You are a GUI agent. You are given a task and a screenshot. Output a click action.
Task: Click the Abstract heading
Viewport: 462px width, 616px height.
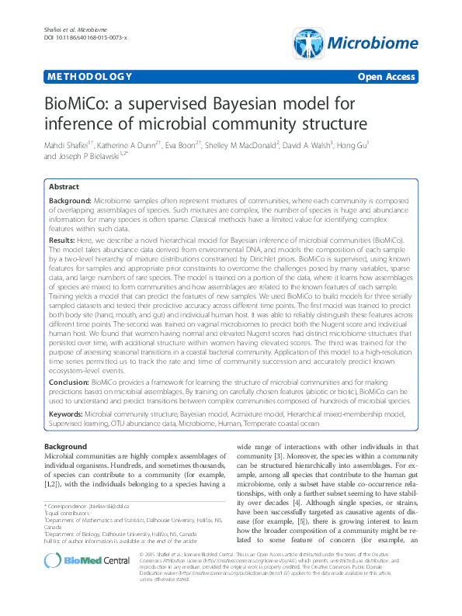(64, 187)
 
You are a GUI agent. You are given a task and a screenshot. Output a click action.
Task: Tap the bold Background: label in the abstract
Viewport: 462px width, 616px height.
(71, 200)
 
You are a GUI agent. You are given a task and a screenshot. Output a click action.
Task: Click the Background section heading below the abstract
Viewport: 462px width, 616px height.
(64, 448)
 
